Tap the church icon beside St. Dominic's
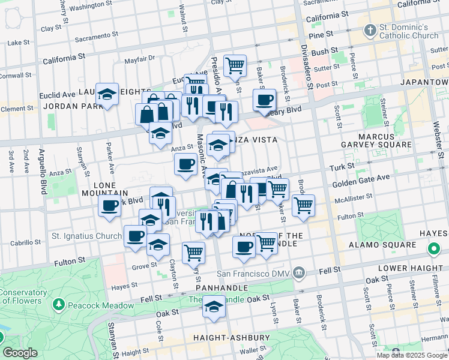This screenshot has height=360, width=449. pos(370,30)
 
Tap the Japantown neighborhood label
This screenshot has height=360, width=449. pos(424,82)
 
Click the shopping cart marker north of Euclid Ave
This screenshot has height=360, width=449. pos(235,64)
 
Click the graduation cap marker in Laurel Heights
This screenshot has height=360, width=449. pos(107,94)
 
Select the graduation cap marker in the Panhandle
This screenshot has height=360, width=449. pos(213,307)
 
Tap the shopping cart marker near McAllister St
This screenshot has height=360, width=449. pos(303,205)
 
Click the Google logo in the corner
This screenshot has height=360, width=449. pos(20,353)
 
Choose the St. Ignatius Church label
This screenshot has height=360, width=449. pos(86,236)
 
